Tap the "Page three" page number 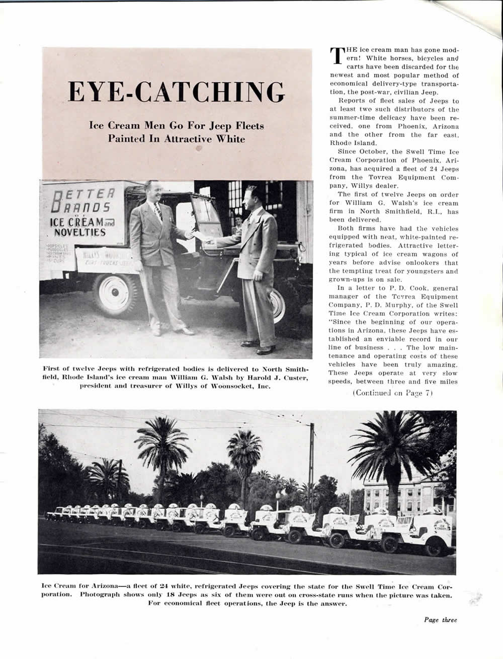440,620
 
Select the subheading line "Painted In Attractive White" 177,138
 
